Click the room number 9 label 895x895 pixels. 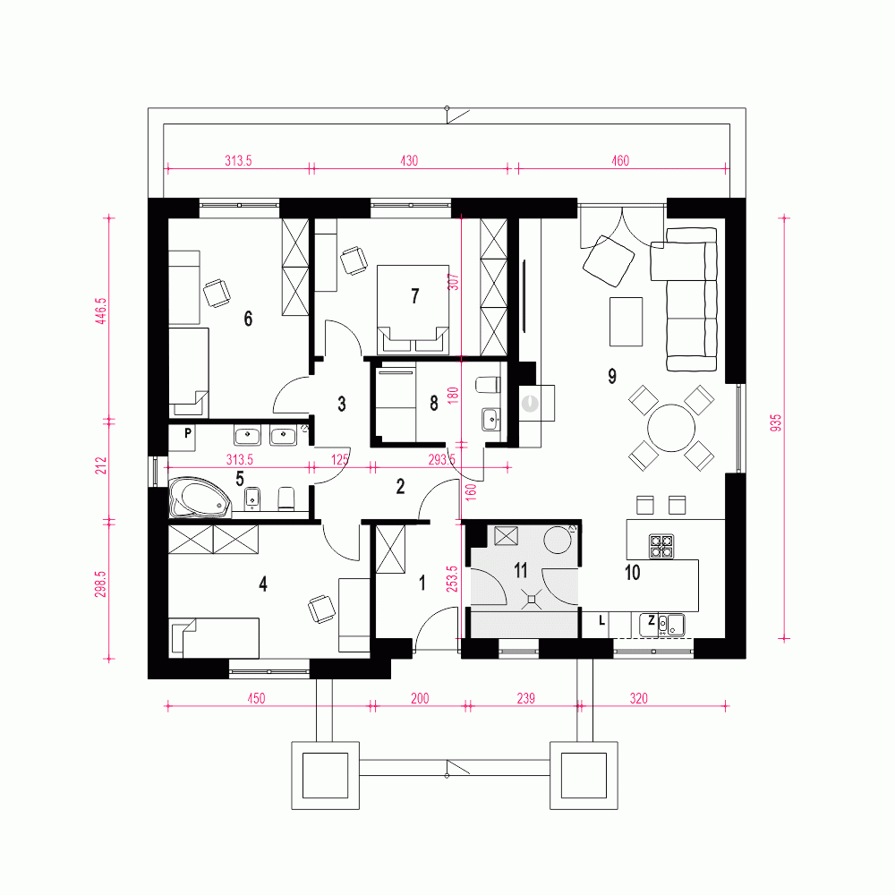point(612,377)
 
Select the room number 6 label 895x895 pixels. point(248,318)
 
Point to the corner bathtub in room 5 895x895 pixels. point(199,499)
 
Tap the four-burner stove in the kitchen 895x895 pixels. point(661,545)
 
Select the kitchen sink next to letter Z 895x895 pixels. point(672,622)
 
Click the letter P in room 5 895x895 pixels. point(189,433)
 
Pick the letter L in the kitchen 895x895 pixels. point(601,620)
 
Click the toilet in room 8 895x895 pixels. point(487,386)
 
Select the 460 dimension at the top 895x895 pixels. point(620,161)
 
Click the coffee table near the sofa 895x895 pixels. point(626,321)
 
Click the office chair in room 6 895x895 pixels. point(217,292)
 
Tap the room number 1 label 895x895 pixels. point(423,584)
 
